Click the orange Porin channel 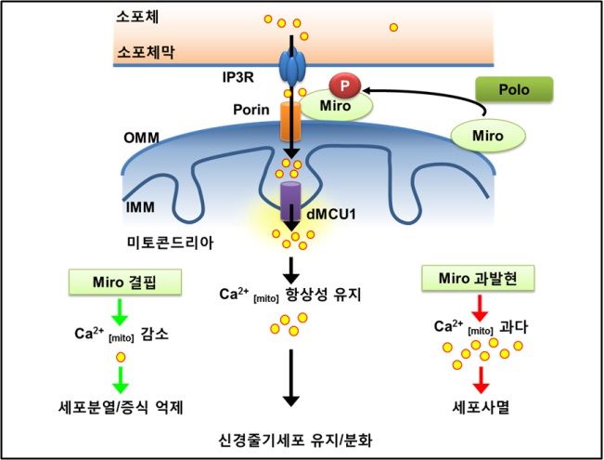click(290, 119)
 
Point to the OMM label click(141, 138)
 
